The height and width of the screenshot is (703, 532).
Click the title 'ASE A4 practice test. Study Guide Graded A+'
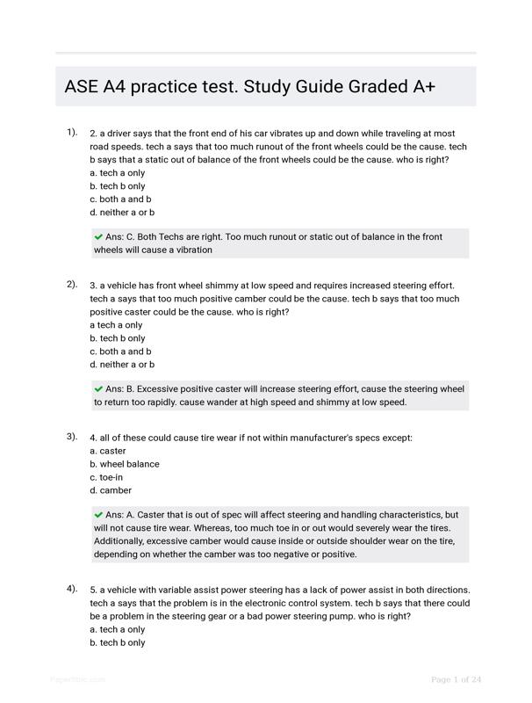click(249, 87)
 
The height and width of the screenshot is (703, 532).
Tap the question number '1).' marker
click(72, 133)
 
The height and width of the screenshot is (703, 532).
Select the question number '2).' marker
click(72, 285)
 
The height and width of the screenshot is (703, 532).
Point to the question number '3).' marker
click(72, 437)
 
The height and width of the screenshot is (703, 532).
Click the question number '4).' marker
click(72, 589)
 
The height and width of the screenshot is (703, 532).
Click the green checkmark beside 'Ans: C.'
click(98, 236)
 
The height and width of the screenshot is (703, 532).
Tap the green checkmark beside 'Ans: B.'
click(98, 388)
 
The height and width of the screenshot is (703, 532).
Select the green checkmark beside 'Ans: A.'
click(98, 515)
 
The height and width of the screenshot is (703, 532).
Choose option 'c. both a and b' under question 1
click(120, 199)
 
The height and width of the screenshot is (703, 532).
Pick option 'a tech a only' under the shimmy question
click(116, 325)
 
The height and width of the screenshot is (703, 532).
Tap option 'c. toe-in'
click(106, 477)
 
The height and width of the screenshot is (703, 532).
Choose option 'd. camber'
click(110, 490)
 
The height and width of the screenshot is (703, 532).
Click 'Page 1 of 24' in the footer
click(457, 679)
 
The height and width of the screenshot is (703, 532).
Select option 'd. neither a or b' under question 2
click(122, 365)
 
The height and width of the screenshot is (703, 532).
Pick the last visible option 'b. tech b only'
click(118, 642)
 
